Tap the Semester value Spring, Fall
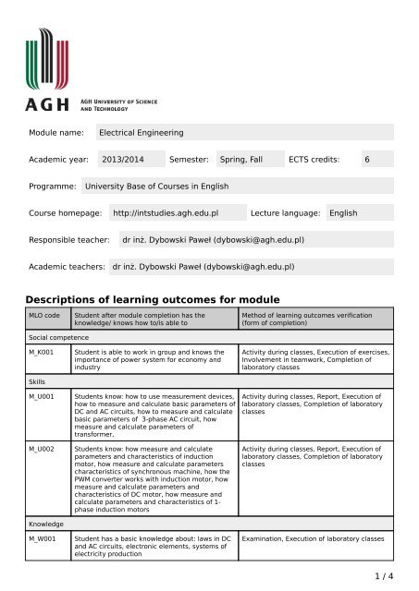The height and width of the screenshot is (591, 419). [x=240, y=160]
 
